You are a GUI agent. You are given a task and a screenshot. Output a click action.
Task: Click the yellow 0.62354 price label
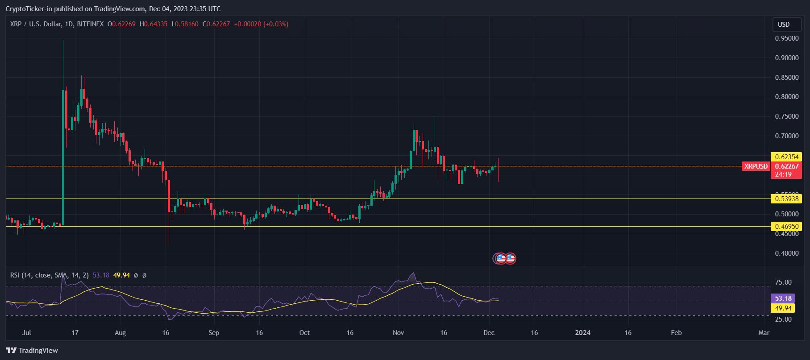coord(786,157)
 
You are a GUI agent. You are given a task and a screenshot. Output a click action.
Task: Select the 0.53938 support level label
coord(786,199)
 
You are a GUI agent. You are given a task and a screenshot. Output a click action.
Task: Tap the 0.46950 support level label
coord(786,227)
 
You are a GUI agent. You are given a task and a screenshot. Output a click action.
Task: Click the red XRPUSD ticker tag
coord(756,166)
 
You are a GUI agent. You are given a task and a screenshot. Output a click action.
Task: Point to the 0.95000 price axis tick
coord(786,38)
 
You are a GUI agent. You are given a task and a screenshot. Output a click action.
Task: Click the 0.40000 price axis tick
coord(786,253)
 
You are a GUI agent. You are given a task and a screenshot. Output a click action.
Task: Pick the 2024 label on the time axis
coord(582,333)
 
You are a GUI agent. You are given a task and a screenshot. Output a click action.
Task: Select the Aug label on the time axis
coord(120,333)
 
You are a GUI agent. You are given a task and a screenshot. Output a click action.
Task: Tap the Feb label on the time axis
coord(676,333)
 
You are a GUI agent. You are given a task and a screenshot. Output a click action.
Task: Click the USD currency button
coord(784,25)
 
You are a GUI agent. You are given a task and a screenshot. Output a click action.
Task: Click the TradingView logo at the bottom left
coord(32,351)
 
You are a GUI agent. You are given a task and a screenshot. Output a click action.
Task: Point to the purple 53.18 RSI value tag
coord(783,298)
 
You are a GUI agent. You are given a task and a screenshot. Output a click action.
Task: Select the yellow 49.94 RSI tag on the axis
coord(783,308)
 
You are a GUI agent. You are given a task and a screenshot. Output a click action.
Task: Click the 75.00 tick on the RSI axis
coord(783,282)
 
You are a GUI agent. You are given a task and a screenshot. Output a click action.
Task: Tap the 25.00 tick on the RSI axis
coord(783,319)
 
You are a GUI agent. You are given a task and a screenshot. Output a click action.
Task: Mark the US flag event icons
coord(505,258)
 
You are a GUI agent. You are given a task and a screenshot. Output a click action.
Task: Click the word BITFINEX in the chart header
coord(90,24)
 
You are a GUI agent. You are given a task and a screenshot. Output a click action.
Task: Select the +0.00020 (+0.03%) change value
coord(261,24)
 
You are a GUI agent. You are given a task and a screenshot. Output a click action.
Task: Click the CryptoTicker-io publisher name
coord(29,9)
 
